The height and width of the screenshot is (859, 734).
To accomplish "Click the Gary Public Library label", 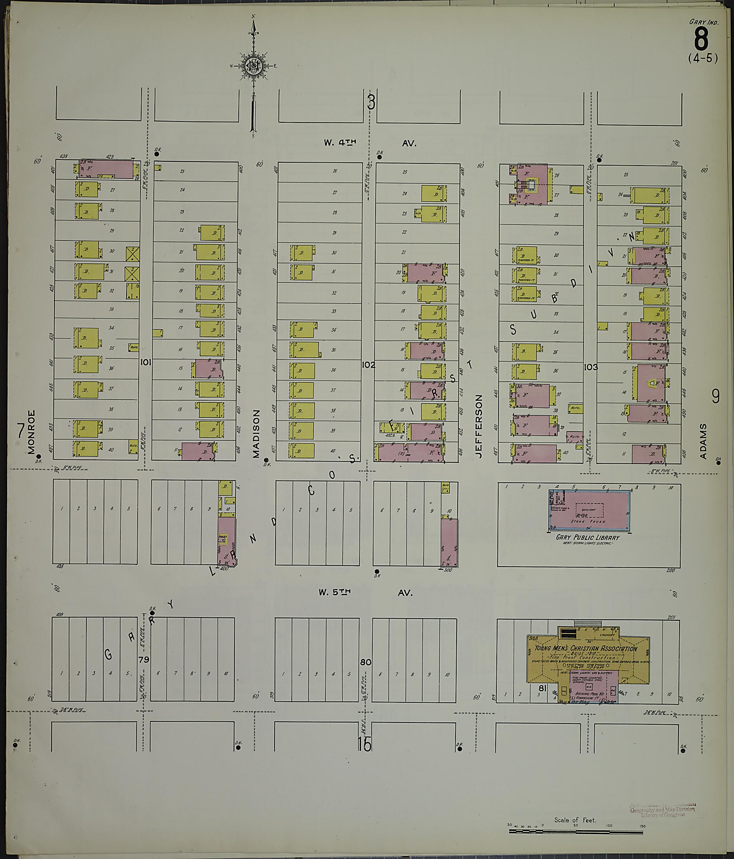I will [588, 537].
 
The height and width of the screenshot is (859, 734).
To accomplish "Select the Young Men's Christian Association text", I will [585, 649].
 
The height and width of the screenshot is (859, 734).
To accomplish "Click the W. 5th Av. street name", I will [365, 593].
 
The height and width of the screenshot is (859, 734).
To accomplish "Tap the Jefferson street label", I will [480, 426].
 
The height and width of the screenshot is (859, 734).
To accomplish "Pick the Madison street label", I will [256, 434].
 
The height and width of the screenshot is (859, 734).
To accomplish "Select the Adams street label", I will [703, 441].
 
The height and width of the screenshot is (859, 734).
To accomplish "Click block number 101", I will [145, 362].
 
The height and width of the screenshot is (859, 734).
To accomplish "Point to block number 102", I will [368, 365].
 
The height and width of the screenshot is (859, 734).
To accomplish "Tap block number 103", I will [591, 367].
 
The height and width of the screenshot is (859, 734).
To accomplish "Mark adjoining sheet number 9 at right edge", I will [715, 397].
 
